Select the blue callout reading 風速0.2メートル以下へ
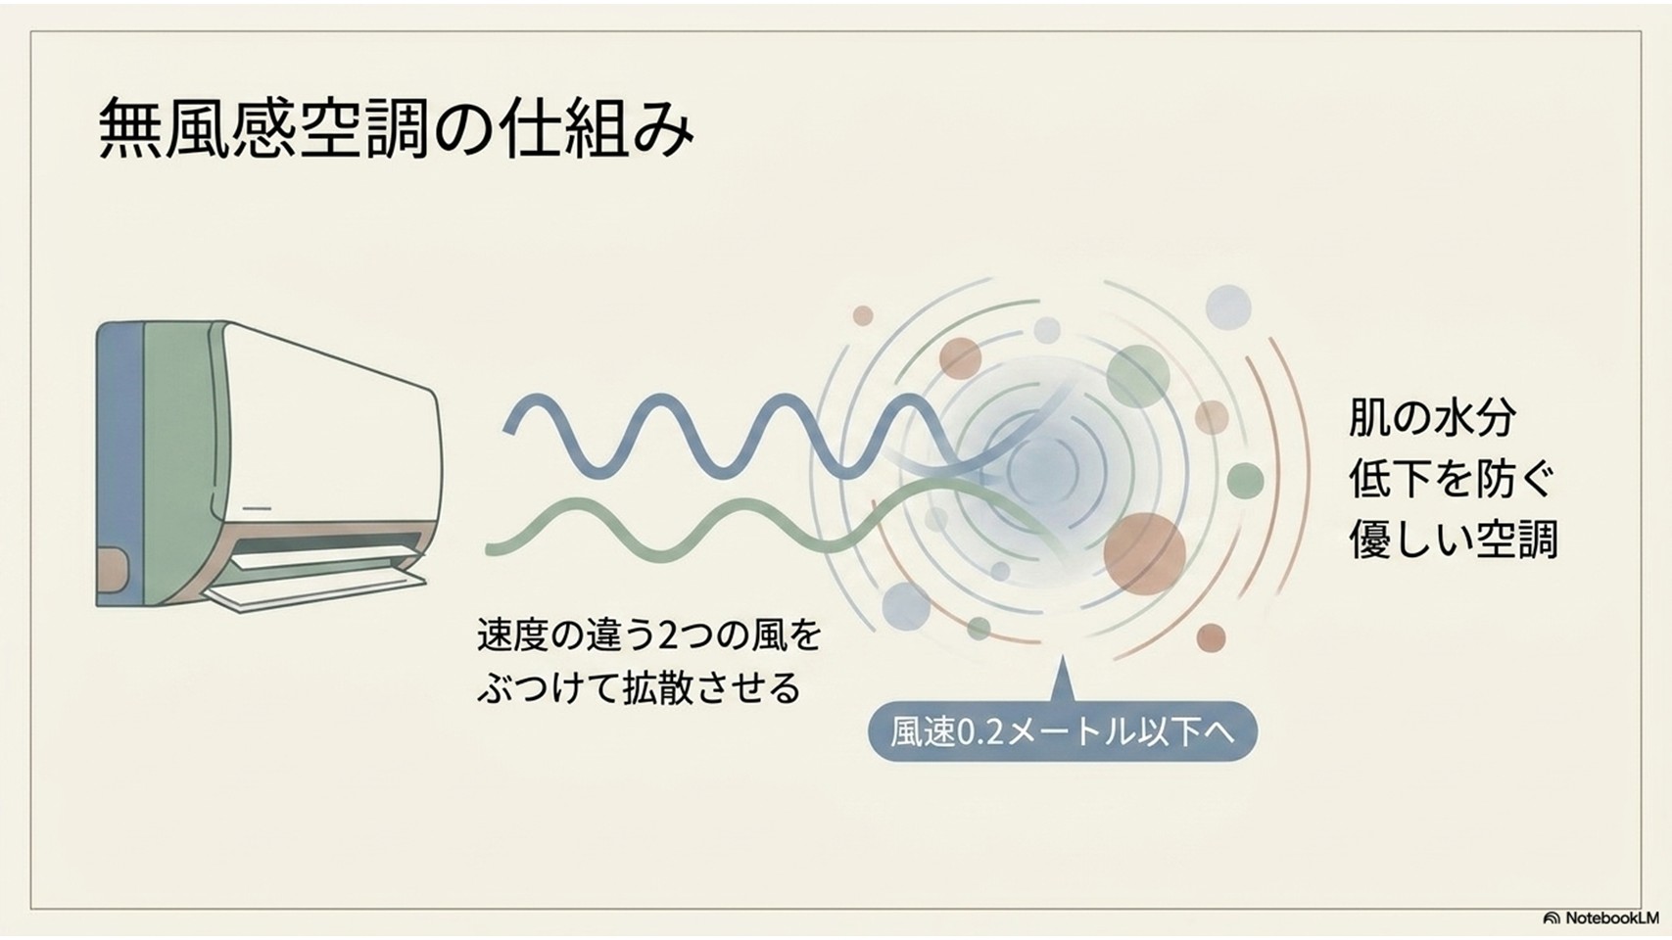1063,731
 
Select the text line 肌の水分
1432,418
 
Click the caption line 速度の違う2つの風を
649,634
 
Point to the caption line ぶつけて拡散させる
639,687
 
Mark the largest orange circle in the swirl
1144,553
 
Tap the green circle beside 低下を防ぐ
1245,481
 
